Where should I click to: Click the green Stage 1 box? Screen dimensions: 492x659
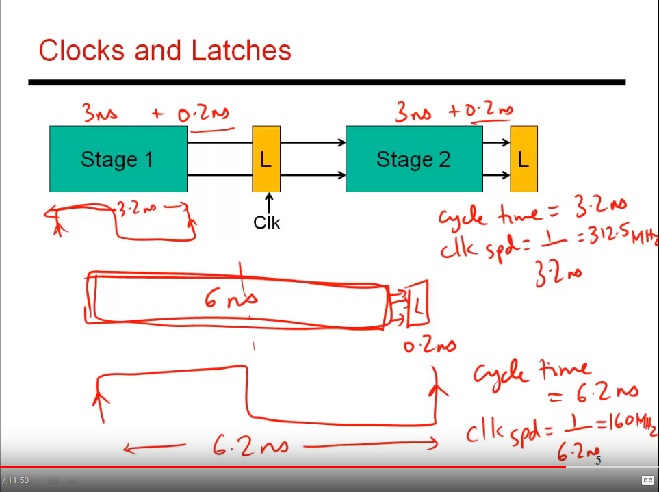118,159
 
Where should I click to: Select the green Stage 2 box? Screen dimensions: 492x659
413,159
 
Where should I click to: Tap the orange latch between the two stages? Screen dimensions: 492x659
266,159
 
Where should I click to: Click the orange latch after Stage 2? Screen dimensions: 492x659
524,159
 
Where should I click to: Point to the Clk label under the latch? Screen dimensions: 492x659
267,222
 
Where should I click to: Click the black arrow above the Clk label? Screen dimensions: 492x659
269,203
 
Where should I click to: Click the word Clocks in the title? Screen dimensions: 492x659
82,51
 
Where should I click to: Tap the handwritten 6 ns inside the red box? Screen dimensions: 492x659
231,298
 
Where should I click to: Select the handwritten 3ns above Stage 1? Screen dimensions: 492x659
100,113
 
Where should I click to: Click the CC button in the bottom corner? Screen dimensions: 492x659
647,480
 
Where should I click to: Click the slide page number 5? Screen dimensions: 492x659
597,461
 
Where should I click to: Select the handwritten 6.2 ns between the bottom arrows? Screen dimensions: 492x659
249,446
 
